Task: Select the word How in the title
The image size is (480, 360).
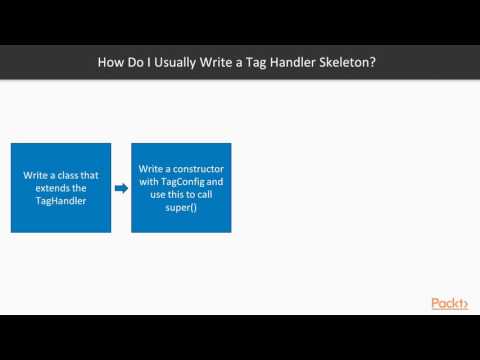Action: pyautogui.click(x=110, y=62)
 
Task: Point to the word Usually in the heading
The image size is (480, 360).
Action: pyautogui.click(x=173, y=62)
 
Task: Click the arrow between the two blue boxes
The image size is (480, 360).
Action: pyautogui.click(x=121, y=188)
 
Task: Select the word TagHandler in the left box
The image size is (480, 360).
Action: pyautogui.click(x=61, y=200)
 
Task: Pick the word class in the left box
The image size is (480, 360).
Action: pyautogui.click(x=71, y=174)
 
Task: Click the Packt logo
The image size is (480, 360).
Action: pyautogui.click(x=449, y=304)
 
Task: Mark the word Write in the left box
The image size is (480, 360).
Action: pyautogui.click(x=38, y=174)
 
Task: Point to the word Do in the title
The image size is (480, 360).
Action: pyautogui.click(x=134, y=62)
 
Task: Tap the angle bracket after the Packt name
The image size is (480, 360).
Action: pyautogui.click(x=463, y=305)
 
